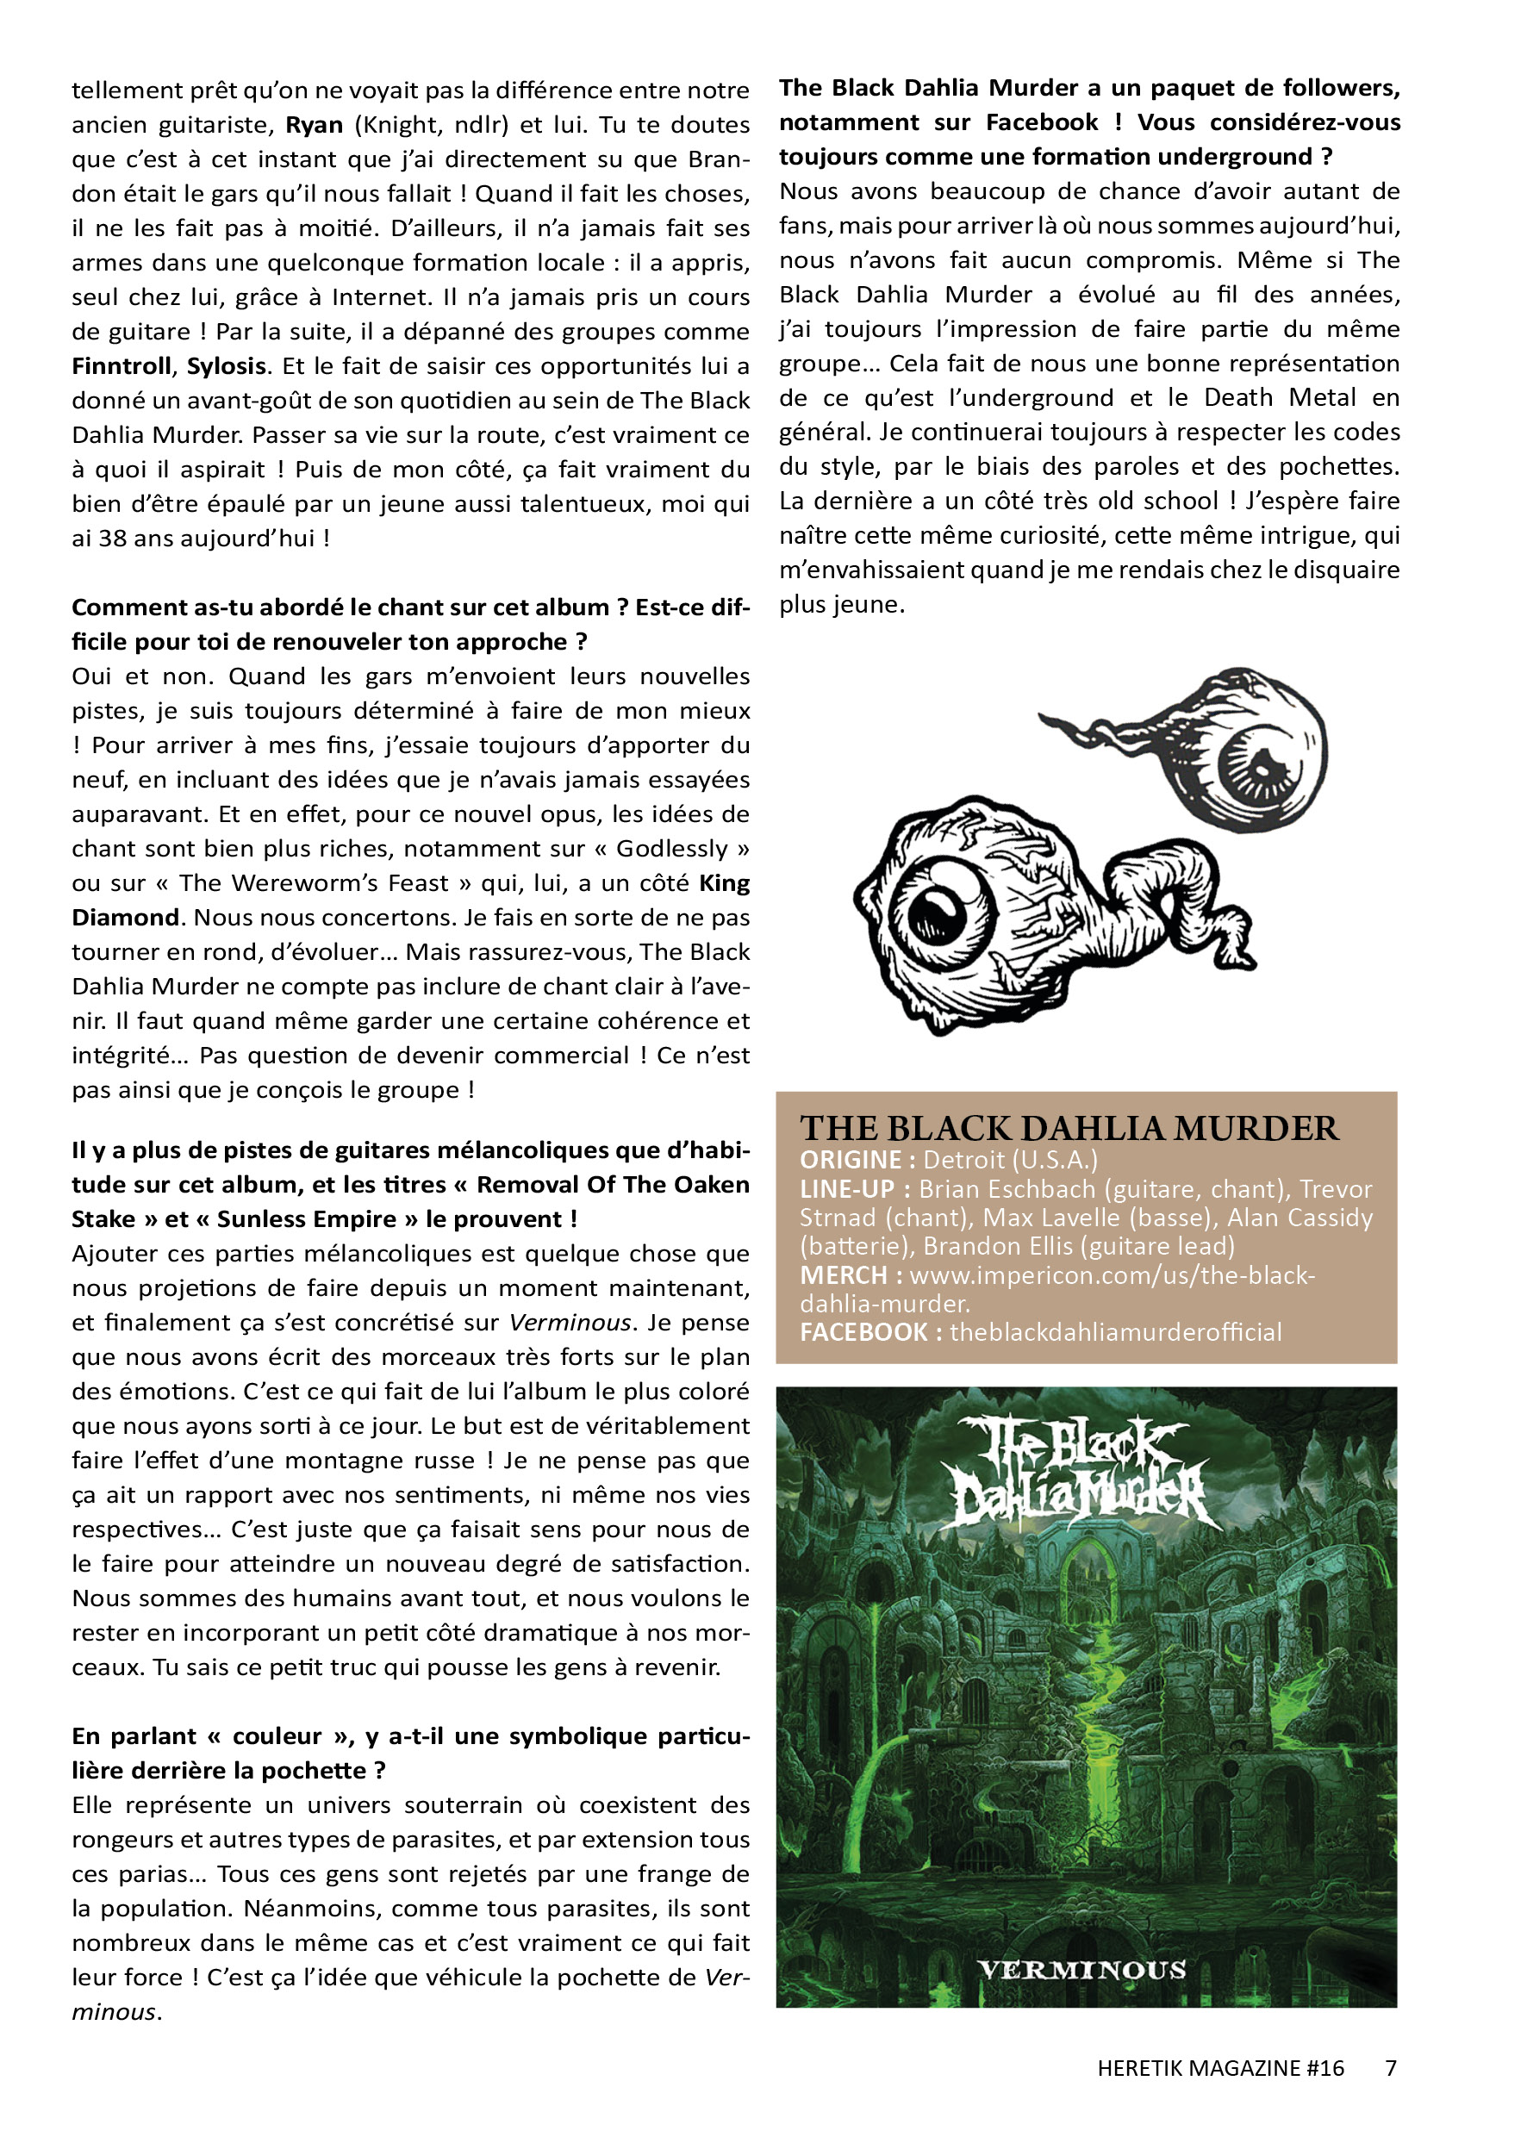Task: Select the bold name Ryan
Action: point(314,125)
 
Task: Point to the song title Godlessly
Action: point(671,849)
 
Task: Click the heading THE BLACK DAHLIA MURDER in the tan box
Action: point(1069,1128)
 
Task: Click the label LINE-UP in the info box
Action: point(847,1189)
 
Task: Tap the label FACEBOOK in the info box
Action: point(863,1332)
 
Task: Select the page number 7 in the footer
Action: point(1391,2068)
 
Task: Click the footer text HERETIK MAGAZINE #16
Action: point(1219,2068)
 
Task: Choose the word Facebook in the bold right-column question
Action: point(1041,122)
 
